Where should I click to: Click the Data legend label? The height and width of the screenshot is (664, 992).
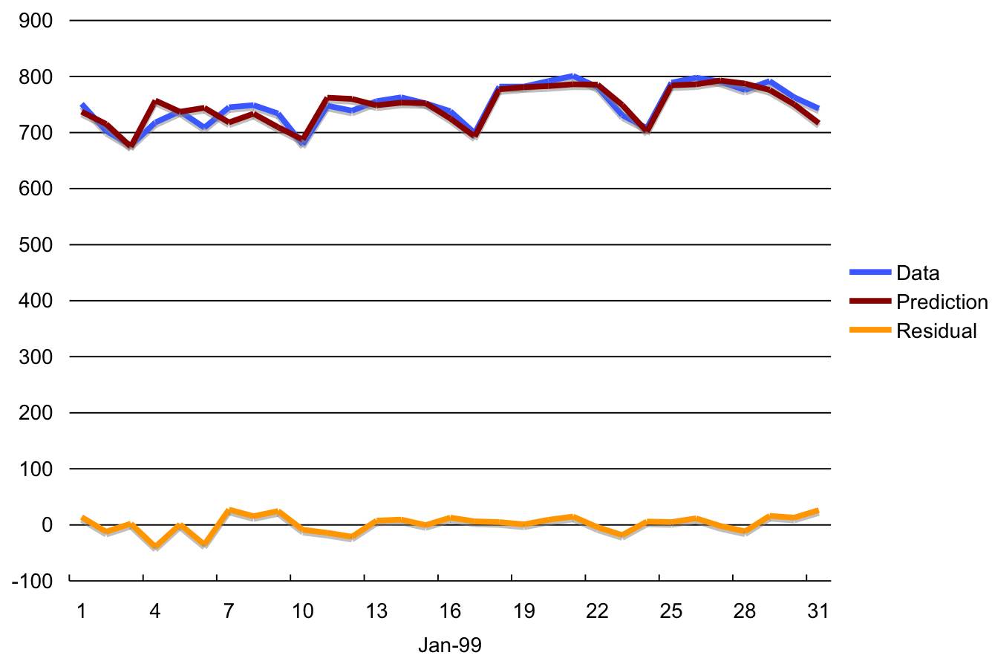(x=918, y=273)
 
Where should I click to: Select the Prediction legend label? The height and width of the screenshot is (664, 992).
(x=942, y=302)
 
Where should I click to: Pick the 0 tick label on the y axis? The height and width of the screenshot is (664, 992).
(x=47, y=525)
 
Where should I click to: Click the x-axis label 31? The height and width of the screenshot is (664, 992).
(x=818, y=611)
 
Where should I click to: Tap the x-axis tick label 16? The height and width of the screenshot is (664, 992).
(x=449, y=611)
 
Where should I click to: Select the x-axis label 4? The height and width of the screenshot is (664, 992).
(x=155, y=611)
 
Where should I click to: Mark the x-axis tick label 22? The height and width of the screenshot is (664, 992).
(x=596, y=611)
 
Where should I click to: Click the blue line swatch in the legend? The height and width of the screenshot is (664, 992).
(x=869, y=273)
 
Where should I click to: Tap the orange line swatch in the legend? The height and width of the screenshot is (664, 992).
(x=869, y=331)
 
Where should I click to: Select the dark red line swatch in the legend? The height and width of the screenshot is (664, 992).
(x=869, y=302)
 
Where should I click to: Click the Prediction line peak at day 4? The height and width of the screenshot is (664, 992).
(x=155, y=101)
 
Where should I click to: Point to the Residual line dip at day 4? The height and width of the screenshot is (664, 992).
(x=155, y=547)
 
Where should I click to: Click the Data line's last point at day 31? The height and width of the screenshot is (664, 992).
(x=818, y=108)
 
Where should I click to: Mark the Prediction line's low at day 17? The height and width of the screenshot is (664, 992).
(x=474, y=136)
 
